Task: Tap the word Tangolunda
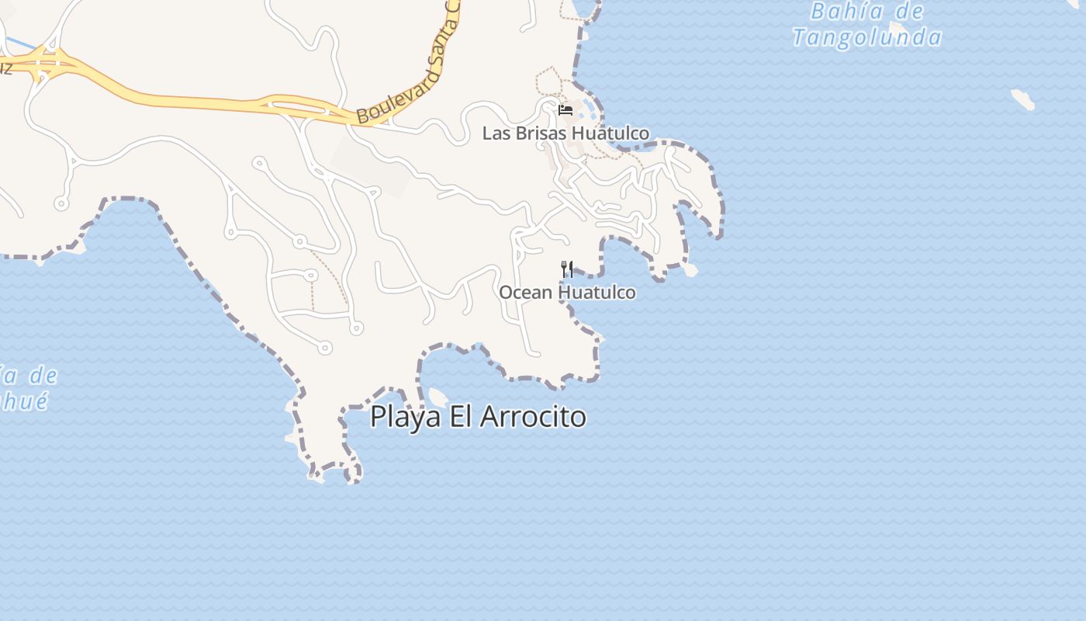coord(867,37)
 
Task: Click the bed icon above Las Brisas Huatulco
coord(565,110)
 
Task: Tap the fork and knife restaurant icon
coord(567,269)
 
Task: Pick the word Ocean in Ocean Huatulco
coord(525,293)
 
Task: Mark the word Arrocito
coord(533,417)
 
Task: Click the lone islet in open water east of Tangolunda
coord(1022,99)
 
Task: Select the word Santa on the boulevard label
coord(442,39)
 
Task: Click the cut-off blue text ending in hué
coord(23,401)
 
